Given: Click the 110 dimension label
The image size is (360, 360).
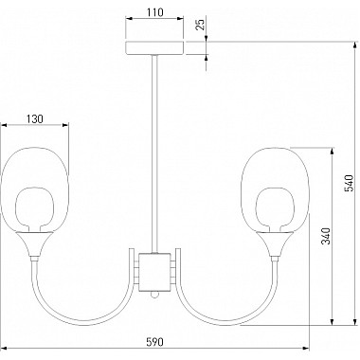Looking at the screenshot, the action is pyautogui.click(x=155, y=12).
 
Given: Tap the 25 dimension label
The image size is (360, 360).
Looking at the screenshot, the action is pyautogui.click(x=200, y=25).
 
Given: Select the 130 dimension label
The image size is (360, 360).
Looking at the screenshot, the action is pyautogui.click(x=34, y=119).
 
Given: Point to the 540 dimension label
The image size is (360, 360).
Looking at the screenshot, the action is pyautogui.click(x=350, y=183).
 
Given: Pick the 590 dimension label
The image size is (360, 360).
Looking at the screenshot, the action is pyautogui.click(x=155, y=342).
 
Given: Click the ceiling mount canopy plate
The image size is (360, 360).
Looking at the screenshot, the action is pyautogui.click(x=154, y=47).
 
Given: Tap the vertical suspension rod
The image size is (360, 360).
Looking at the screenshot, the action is pyautogui.click(x=154, y=153).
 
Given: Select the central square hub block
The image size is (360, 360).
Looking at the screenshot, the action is pyautogui.click(x=154, y=272).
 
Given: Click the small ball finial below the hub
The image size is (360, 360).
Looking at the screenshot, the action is pyautogui.click(x=154, y=294).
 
